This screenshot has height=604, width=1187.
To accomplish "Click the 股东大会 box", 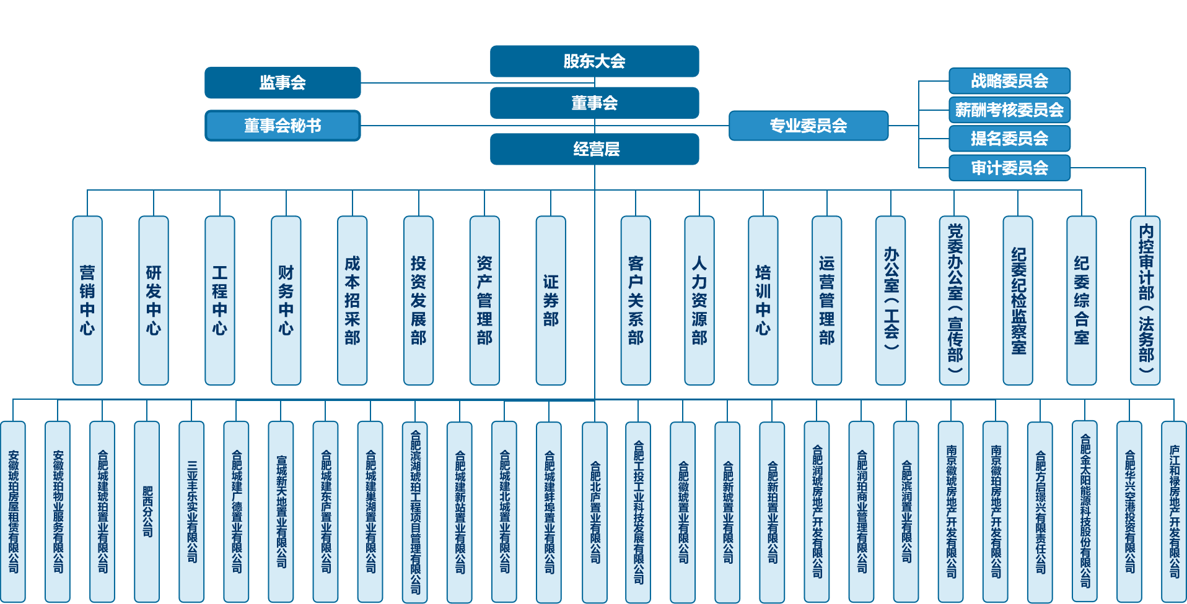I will (x=594, y=61).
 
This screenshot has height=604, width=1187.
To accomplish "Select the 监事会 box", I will (x=283, y=82).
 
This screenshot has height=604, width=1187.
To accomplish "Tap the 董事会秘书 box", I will (x=283, y=126).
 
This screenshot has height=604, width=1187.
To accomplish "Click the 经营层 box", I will (x=594, y=149).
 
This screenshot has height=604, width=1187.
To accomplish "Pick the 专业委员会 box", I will (x=808, y=126).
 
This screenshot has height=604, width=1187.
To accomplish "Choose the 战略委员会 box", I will (x=1009, y=81).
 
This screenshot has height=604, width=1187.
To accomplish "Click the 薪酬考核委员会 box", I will (x=1009, y=110).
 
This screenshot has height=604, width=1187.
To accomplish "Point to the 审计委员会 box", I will (x=1009, y=168).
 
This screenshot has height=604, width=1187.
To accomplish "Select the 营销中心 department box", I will (x=87, y=301).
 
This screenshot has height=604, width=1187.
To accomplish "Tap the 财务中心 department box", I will (x=286, y=301).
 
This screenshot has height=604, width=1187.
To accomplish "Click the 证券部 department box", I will (x=551, y=301).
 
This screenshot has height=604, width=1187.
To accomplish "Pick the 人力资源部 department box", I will (x=699, y=301).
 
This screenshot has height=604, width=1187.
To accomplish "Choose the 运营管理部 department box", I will (x=827, y=301).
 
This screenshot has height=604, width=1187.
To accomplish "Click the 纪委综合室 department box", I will (x=1082, y=301).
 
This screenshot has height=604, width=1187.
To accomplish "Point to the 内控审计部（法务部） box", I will (x=1145, y=301).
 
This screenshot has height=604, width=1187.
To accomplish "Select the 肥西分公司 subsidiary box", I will (x=147, y=511).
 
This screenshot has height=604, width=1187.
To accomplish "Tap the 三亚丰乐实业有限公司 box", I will (x=191, y=511).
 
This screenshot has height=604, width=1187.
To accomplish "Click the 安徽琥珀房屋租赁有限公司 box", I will (x=13, y=511).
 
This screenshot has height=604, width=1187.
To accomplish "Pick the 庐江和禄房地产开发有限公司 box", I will (x=1174, y=511).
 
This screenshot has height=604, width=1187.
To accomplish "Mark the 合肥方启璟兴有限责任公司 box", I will (x=1040, y=511).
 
